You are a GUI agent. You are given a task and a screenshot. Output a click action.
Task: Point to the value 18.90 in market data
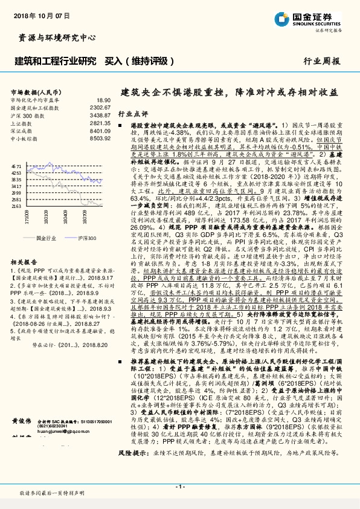tap(103, 100)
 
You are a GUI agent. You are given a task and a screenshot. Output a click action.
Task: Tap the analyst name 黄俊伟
tap(21, 437)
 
